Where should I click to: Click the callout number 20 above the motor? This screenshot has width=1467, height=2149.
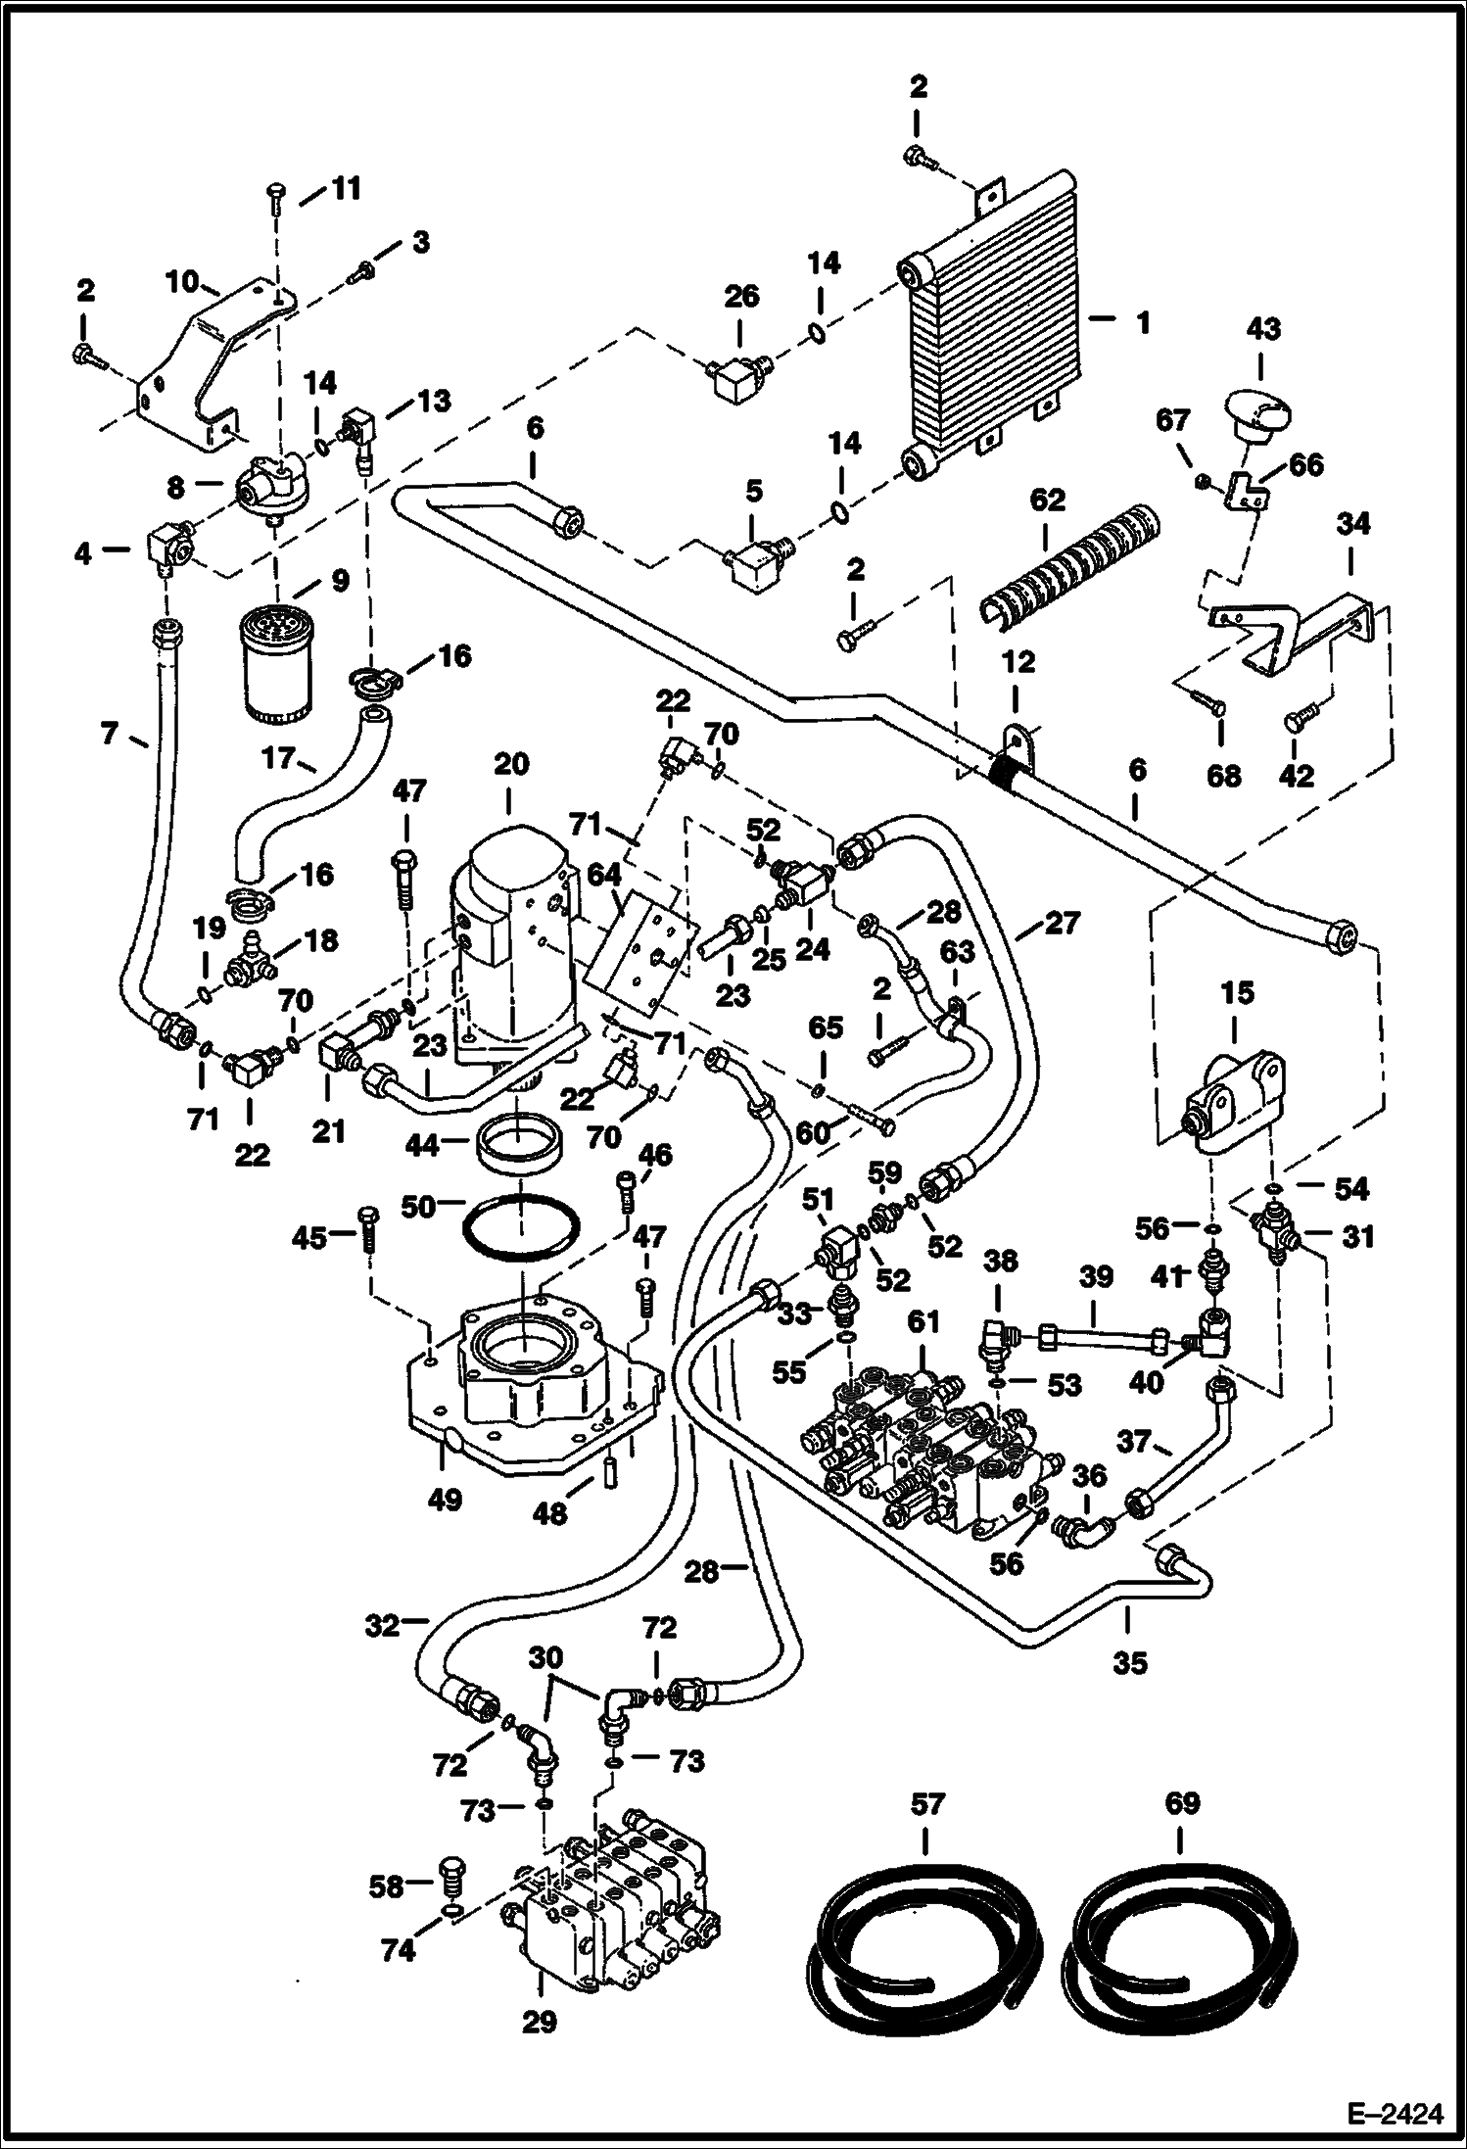click(510, 764)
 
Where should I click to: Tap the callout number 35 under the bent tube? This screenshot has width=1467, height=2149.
click(1129, 1662)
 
